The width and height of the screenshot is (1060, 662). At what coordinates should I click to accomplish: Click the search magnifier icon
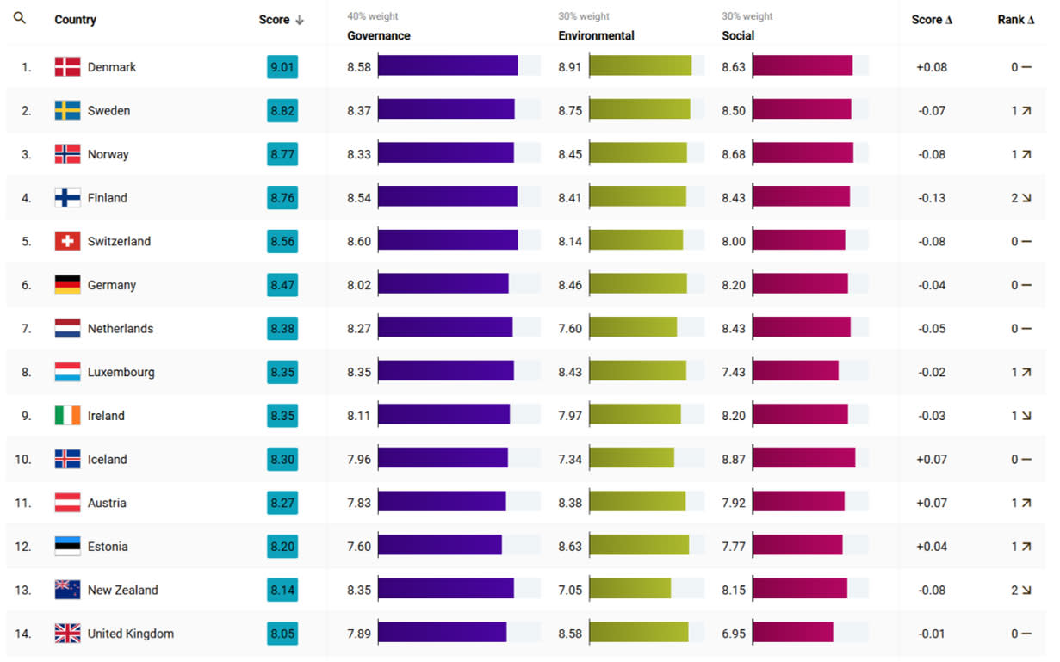coord(20,18)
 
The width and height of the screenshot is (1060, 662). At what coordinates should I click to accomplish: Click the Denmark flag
coord(67,67)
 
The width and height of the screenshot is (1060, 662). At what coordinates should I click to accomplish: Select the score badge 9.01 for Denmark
coord(282,67)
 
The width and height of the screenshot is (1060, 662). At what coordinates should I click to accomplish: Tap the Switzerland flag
coord(67,242)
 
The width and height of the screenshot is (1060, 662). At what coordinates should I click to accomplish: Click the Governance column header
coord(378,36)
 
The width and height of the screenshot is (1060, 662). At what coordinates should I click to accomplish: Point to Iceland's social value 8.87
coord(734,460)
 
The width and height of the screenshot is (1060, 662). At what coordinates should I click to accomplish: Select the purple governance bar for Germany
coord(443,285)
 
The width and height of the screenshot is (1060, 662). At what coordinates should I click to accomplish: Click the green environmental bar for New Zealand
coord(629,590)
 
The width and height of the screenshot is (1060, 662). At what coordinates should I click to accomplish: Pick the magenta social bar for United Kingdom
coord(792,634)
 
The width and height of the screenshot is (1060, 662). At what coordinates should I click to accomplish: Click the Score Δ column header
coord(932,20)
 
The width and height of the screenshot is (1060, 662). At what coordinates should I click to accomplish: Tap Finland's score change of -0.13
coord(932,198)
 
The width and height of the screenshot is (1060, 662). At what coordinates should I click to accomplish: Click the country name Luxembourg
coord(121,373)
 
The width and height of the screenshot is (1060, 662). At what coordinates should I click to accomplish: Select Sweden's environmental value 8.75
coord(570,111)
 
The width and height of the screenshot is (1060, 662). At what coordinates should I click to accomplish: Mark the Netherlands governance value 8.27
coord(359,329)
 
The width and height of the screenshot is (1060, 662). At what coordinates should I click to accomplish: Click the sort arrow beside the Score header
coord(300,20)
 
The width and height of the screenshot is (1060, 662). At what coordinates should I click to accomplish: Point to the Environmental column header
coord(596,36)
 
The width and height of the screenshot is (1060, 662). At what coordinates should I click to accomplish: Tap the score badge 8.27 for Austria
coord(282,503)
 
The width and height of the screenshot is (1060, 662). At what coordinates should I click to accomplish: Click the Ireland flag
coord(67,416)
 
